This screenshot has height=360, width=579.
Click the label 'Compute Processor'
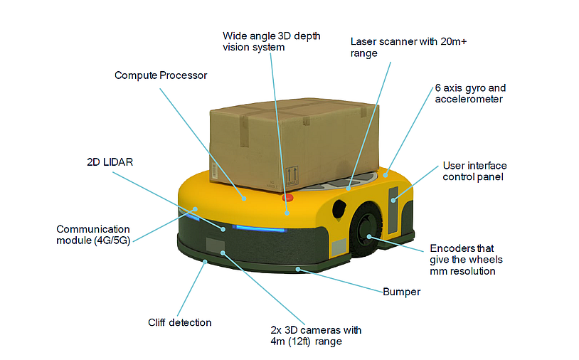(x=161, y=75)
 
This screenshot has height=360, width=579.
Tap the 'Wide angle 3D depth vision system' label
(x=253, y=41)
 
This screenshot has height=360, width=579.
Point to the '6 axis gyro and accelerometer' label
(x=470, y=94)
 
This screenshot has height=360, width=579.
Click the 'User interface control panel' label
(x=474, y=171)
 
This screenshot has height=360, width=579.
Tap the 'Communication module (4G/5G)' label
(x=94, y=234)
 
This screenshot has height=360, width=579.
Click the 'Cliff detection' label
(x=179, y=322)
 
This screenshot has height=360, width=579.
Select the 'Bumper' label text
(x=401, y=292)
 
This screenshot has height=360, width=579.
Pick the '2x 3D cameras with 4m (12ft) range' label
(x=316, y=336)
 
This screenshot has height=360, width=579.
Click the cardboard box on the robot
(x=299, y=142)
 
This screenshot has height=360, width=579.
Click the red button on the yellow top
(x=287, y=198)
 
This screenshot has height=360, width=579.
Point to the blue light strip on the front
(x=260, y=229)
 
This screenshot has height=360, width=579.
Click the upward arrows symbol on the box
(x=292, y=175)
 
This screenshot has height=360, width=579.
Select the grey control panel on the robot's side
(x=394, y=210)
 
